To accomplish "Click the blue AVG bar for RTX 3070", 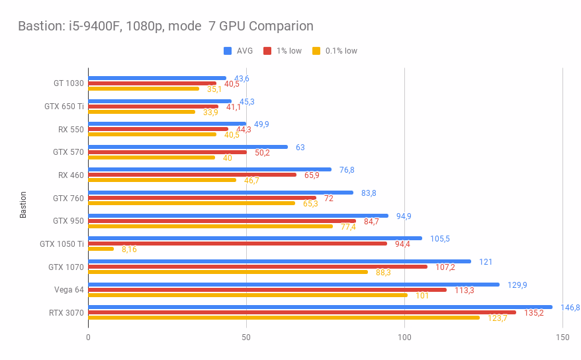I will click(320, 307).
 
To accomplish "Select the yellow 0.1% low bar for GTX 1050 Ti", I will click(101, 249).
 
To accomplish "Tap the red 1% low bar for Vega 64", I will click(267, 290).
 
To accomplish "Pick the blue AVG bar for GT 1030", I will click(157, 78).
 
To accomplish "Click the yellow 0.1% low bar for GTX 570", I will click(152, 157).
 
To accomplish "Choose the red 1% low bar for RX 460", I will click(193, 175).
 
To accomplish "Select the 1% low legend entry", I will click(283, 51).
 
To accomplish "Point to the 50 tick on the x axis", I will click(246, 337).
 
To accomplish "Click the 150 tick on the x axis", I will click(562, 337).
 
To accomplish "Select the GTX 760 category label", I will click(68, 198).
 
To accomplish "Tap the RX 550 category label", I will click(71, 129).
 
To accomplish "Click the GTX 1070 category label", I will click(66, 267).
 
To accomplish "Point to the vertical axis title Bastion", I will click(24, 204).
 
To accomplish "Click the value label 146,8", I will click(570, 308).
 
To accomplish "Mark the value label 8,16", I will click(129, 249).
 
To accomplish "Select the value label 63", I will click(300, 147).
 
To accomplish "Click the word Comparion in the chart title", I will click(279, 26).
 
